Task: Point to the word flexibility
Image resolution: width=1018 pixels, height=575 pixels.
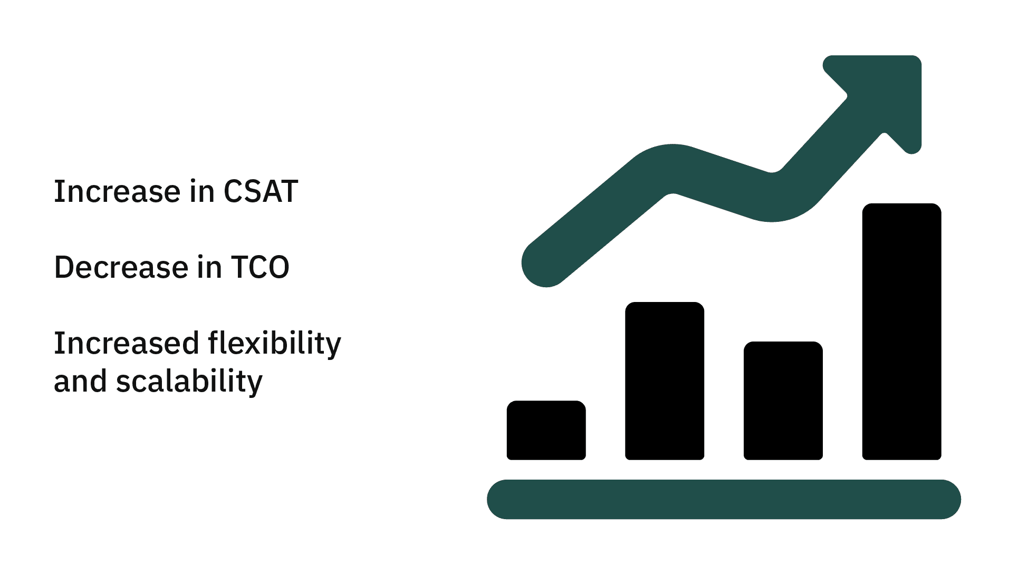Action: pyautogui.click(x=275, y=344)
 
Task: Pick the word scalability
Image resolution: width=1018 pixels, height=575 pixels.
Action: pyautogui.click(x=189, y=381)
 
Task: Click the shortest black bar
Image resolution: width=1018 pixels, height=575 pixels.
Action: pyautogui.click(x=546, y=430)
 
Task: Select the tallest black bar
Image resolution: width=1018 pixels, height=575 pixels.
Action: pyautogui.click(x=901, y=332)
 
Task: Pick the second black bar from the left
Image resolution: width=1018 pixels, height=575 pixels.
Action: pyautogui.click(x=665, y=381)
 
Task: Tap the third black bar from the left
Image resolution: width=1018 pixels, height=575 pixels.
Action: pyautogui.click(x=783, y=401)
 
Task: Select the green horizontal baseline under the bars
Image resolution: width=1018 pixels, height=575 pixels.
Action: pyautogui.click(x=724, y=499)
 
